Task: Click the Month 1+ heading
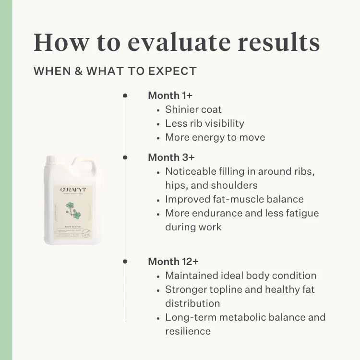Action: click(x=170, y=96)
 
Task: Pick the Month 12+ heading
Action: click(x=173, y=262)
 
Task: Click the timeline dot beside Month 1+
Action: click(x=125, y=96)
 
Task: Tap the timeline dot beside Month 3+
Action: click(x=125, y=157)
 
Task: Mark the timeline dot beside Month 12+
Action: click(x=125, y=262)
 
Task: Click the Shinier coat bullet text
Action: click(x=193, y=109)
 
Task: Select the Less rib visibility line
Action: click(x=204, y=123)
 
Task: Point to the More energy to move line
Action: click(x=215, y=137)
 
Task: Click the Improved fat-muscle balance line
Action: click(x=234, y=199)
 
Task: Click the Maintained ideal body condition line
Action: click(x=240, y=276)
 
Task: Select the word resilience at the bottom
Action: click(x=188, y=331)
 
